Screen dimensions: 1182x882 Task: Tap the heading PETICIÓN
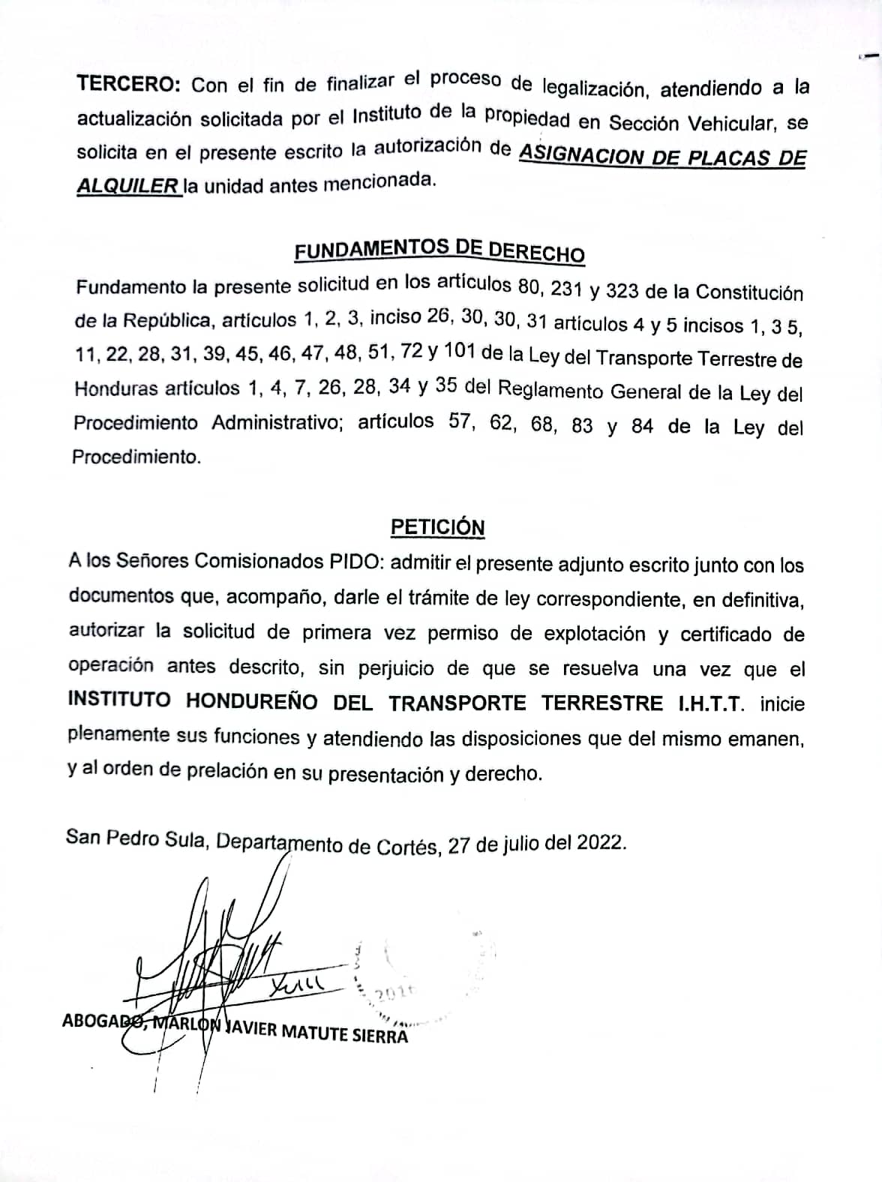[x=438, y=527]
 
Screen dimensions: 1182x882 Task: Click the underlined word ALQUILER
[x=128, y=185]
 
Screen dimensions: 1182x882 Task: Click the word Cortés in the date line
[x=409, y=845]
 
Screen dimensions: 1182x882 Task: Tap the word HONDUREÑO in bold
[x=252, y=700]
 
